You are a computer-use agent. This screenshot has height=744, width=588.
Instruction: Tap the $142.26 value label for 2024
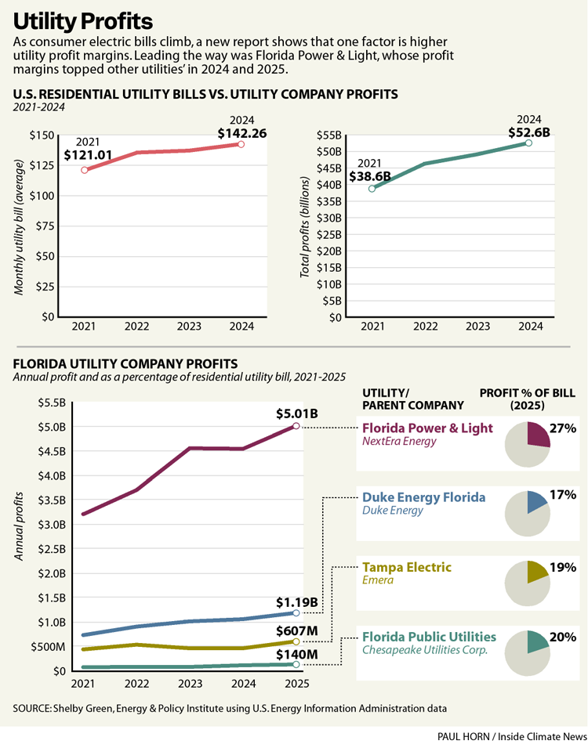[x=242, y=133]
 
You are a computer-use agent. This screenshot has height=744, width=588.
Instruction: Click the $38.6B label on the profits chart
[x=369, y=176]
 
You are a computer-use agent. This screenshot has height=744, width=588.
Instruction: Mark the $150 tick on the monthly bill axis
[x=42, y=136]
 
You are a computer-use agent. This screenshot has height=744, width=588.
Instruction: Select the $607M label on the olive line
[x=296, y=631]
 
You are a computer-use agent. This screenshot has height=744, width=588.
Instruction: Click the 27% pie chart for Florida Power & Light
[x=528, y=444]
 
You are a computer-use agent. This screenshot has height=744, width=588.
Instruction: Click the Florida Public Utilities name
[x=429, y=636]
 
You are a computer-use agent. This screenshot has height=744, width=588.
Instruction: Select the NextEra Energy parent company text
[x=398, y=442]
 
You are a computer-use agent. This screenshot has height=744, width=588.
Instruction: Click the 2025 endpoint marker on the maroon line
[x=296, y=426]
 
